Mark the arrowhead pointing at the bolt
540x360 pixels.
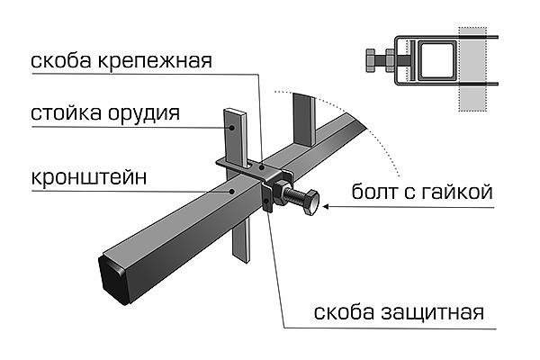(326, 208)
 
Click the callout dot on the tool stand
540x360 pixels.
(232, 129)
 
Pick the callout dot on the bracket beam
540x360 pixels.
(233, 191)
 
